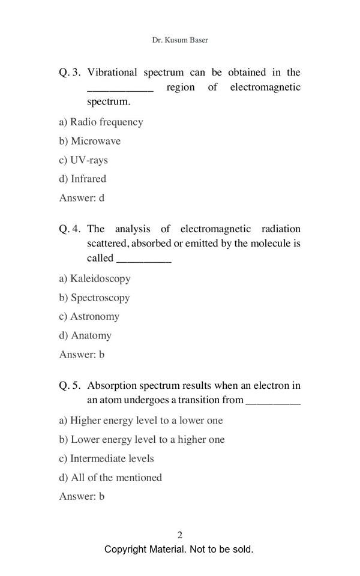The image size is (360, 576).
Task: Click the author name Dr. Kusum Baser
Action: pos(180,40)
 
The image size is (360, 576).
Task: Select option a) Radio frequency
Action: pos(101,122)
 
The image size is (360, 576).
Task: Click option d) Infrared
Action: pos(83,179)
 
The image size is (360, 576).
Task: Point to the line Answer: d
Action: pos(82,197)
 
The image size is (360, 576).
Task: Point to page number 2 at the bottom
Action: pos(180,535)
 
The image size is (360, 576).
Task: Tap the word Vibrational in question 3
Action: pos(112,73)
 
